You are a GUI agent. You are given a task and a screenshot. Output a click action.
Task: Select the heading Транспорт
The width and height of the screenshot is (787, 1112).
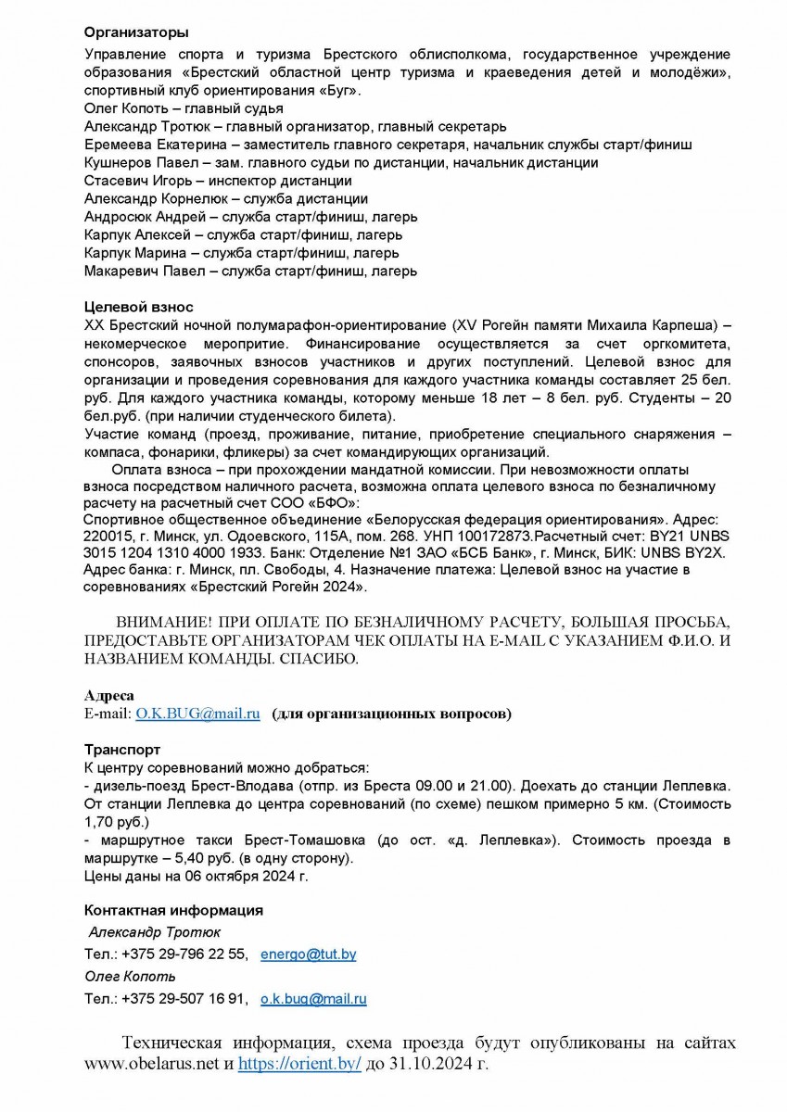pyautogui.click(x=122, y=749)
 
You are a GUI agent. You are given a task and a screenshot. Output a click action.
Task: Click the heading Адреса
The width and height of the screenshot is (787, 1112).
pyautogui.click(x=109, y=695)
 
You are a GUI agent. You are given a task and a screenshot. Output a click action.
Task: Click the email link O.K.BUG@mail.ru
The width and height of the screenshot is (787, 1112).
pyautogui.click(x=197, y=714)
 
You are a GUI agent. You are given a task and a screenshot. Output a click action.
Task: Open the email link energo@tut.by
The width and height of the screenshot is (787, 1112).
pyautogui.click(x=309, y=954)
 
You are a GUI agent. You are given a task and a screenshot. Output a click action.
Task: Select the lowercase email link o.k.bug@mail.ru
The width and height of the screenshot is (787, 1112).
pyautogui.click(x=313, y=999)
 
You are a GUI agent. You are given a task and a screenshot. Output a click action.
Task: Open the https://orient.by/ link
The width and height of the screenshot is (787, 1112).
pyautogui.click(x=299, y=1066)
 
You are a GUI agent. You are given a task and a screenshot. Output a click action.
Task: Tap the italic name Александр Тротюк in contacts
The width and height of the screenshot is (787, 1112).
pyautogui.click(x=155, y=931)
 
